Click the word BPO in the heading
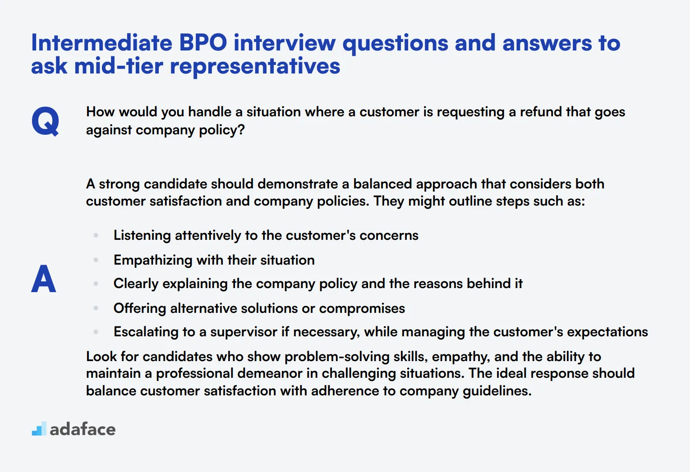point(203,43)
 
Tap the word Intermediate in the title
point(101,43)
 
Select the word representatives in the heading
point(255,66)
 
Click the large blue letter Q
point(45,121)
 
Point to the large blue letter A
point(44,279)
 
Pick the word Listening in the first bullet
point(142,235)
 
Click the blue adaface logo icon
point(39,429)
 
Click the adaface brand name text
point(83,430)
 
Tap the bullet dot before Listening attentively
point(96,235)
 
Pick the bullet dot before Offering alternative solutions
point(96,308)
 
